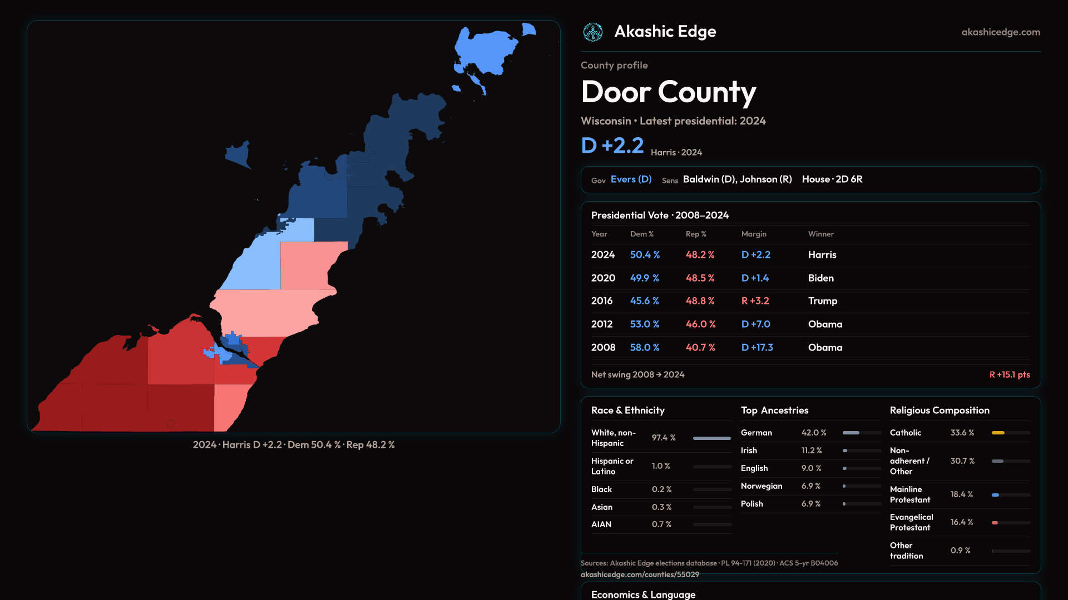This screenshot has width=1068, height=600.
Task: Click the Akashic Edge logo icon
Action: tap(592, 32)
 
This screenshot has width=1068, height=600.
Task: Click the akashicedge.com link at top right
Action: tap(1000, 32)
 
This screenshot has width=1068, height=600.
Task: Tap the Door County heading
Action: tap(668, 92)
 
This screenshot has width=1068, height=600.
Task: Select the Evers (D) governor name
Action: tap(631, 179)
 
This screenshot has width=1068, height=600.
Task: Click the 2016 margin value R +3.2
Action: tap(755, 301)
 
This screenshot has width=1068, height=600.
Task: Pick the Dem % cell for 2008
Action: tap(644, 348)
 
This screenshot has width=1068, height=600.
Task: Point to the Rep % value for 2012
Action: tap(700, 324)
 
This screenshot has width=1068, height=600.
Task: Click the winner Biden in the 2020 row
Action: tap(820, 278)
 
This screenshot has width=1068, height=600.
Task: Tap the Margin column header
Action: tap(754, 234)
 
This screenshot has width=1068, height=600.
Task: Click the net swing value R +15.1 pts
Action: tap(1009, 375)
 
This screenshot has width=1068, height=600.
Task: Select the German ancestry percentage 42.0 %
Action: tap(813, 433)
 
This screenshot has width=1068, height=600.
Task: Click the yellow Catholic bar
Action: tap(998, 433)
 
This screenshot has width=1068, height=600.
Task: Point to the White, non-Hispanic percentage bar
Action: tap(711, 438)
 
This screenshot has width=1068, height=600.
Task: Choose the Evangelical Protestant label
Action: tap(911, 523)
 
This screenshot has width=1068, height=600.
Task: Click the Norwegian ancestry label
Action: tap(761, 486)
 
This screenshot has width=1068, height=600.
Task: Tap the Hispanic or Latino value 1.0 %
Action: tap(661, 466)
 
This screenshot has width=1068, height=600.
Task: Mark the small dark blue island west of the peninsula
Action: tap(239, 154)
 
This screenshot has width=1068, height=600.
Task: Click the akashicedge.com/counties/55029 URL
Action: tap(640, 575)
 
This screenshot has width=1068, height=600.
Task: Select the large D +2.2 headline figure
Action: tap(612, 146)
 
